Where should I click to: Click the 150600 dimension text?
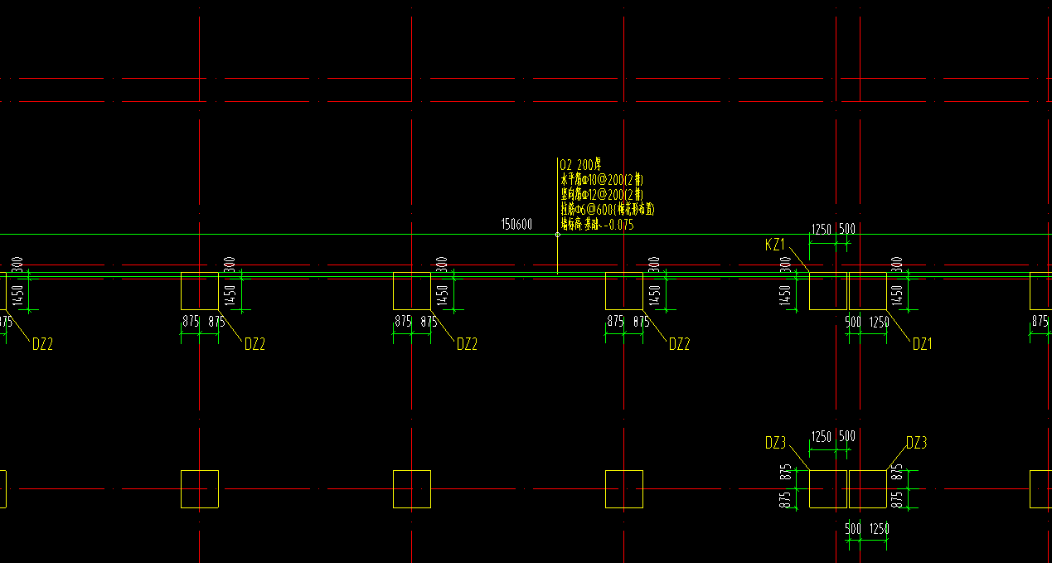click(516, 224)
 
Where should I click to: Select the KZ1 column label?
click(775, 245)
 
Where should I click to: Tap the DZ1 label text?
click(922, 344)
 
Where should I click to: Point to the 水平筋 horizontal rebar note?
click(602, 180)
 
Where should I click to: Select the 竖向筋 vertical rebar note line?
click(602, 194)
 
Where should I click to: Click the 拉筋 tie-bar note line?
click(608, 209)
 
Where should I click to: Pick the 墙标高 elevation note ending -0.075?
click(597, 224)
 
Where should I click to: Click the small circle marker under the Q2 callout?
click(557, 235)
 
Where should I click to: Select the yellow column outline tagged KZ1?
click(827, 291)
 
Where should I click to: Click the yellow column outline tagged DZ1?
click(868, 291)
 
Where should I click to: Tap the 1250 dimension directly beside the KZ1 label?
click(821, 229)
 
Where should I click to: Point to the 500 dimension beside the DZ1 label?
click(853, 322)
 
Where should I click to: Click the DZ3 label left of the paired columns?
click(775, 444)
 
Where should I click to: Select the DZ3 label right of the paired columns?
click(916, 444)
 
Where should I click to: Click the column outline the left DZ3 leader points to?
click(827, 489)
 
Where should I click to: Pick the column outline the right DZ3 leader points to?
click(868, 489)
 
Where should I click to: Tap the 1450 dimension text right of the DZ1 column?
click(896, 295)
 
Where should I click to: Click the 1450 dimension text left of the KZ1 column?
click(785, 295)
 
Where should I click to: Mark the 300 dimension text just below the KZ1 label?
click(785, 265)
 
